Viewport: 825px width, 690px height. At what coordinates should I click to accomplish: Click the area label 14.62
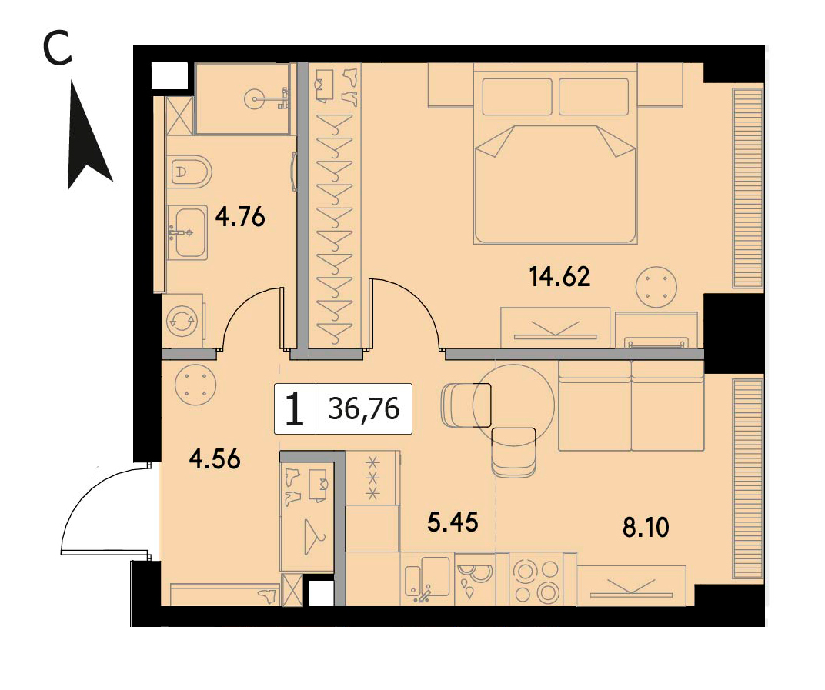tap(559, 277)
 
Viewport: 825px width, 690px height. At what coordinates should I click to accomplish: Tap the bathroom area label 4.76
tap(240, 216)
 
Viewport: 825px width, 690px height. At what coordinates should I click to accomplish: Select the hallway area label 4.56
tap(215, 459)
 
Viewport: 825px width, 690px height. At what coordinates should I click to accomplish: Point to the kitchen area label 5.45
tap(453, 522)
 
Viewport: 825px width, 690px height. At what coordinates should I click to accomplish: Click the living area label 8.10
tap(646, 528)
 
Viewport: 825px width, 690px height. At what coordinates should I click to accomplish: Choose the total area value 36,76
tap(364, 408)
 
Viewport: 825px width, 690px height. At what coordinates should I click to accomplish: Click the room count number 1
tap(295, 409)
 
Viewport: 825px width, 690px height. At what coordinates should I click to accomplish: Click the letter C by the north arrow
tap(58, 48)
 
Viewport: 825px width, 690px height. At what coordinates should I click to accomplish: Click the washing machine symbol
tap(182, 321)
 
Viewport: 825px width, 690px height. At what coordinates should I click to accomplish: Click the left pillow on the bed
tap(517, 97)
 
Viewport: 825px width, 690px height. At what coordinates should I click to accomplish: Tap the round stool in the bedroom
tap(656, 288)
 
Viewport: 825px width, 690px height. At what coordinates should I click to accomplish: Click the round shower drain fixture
tap(256, 98)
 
